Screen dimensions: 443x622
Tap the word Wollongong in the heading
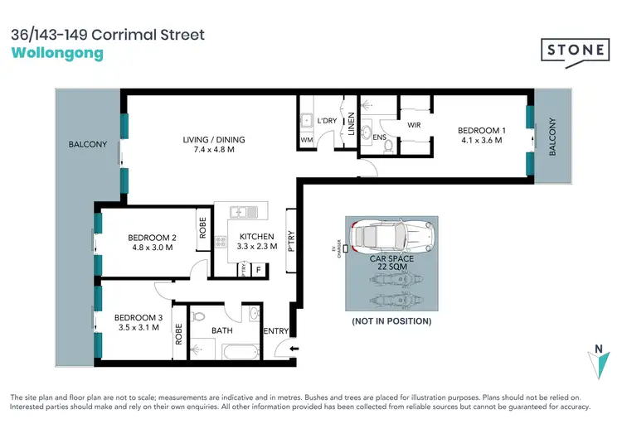coord(58,54)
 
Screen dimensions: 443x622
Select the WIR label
coord(415,125)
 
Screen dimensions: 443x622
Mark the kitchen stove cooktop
coord(221,243)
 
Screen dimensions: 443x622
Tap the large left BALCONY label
coord(88,145)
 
